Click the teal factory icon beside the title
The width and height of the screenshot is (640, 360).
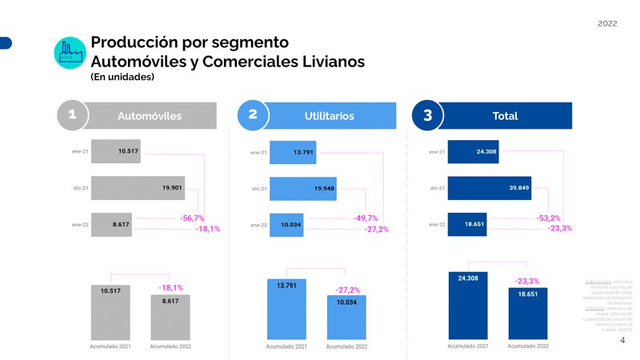tap(70, 51)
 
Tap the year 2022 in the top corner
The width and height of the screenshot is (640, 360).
tap(607, 23)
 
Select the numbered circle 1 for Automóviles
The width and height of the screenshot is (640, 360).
tap(73, 115)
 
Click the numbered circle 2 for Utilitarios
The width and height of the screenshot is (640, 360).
tap(253, 115)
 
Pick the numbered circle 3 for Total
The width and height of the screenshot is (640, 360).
tap(427, 115)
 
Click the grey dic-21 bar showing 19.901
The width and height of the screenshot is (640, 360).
tap(138, 188)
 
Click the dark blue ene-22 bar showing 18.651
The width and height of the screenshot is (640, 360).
tap(473, 225)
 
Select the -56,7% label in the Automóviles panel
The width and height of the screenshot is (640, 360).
tap(192, 218)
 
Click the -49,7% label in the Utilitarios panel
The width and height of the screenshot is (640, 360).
tap(365, 218)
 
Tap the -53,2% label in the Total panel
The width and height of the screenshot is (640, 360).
tap(548, 218)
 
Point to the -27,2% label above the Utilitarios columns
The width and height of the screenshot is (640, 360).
tap(346, 290)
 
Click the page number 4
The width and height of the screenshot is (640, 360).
tap(622, 340)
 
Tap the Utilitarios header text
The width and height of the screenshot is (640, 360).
tap(329, 116)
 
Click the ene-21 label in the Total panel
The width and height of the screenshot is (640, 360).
tap(437, 151)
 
